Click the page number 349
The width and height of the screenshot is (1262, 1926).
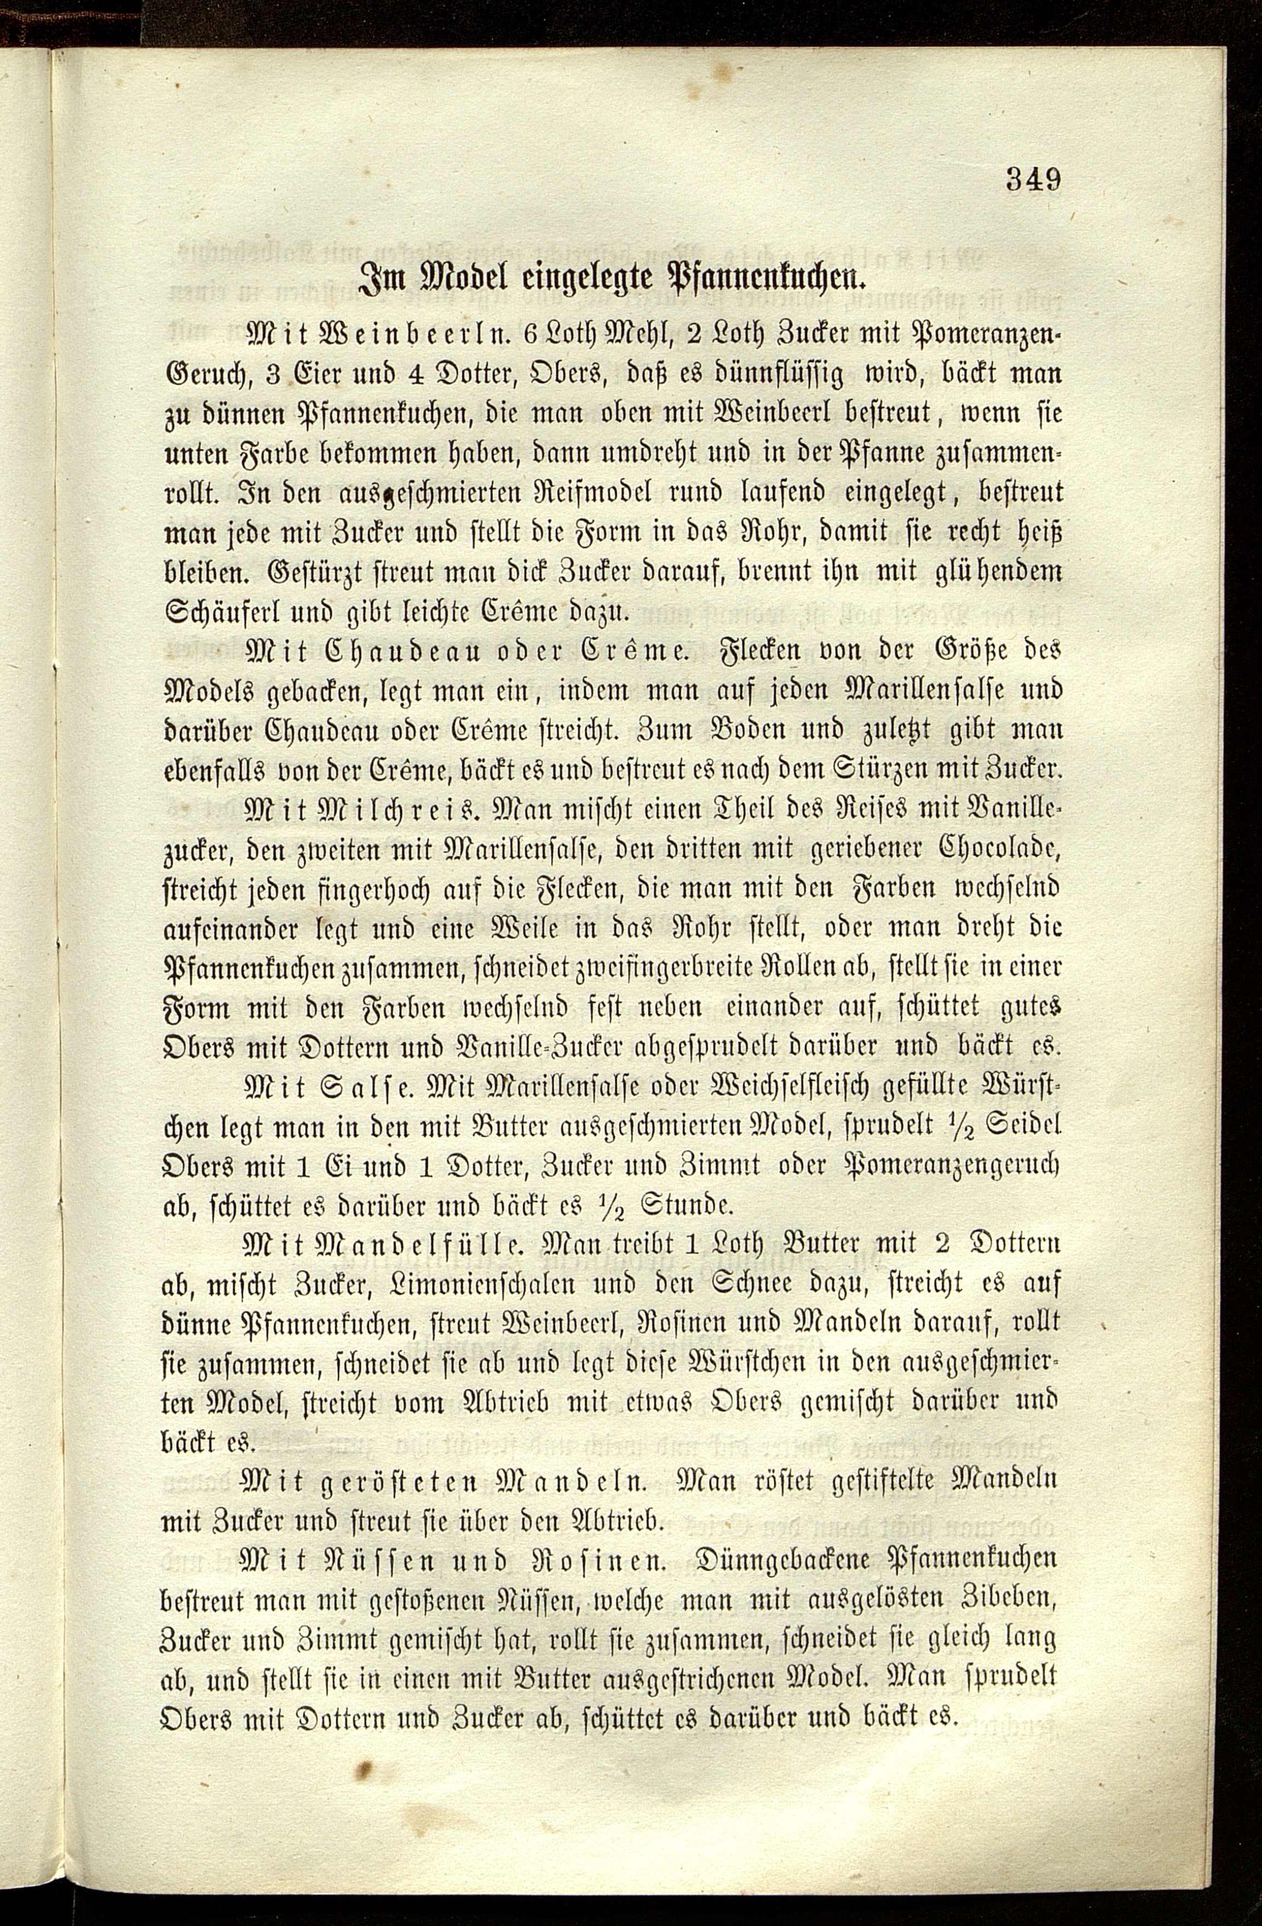(1033, 178)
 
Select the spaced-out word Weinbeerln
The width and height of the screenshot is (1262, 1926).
(398, 334)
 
